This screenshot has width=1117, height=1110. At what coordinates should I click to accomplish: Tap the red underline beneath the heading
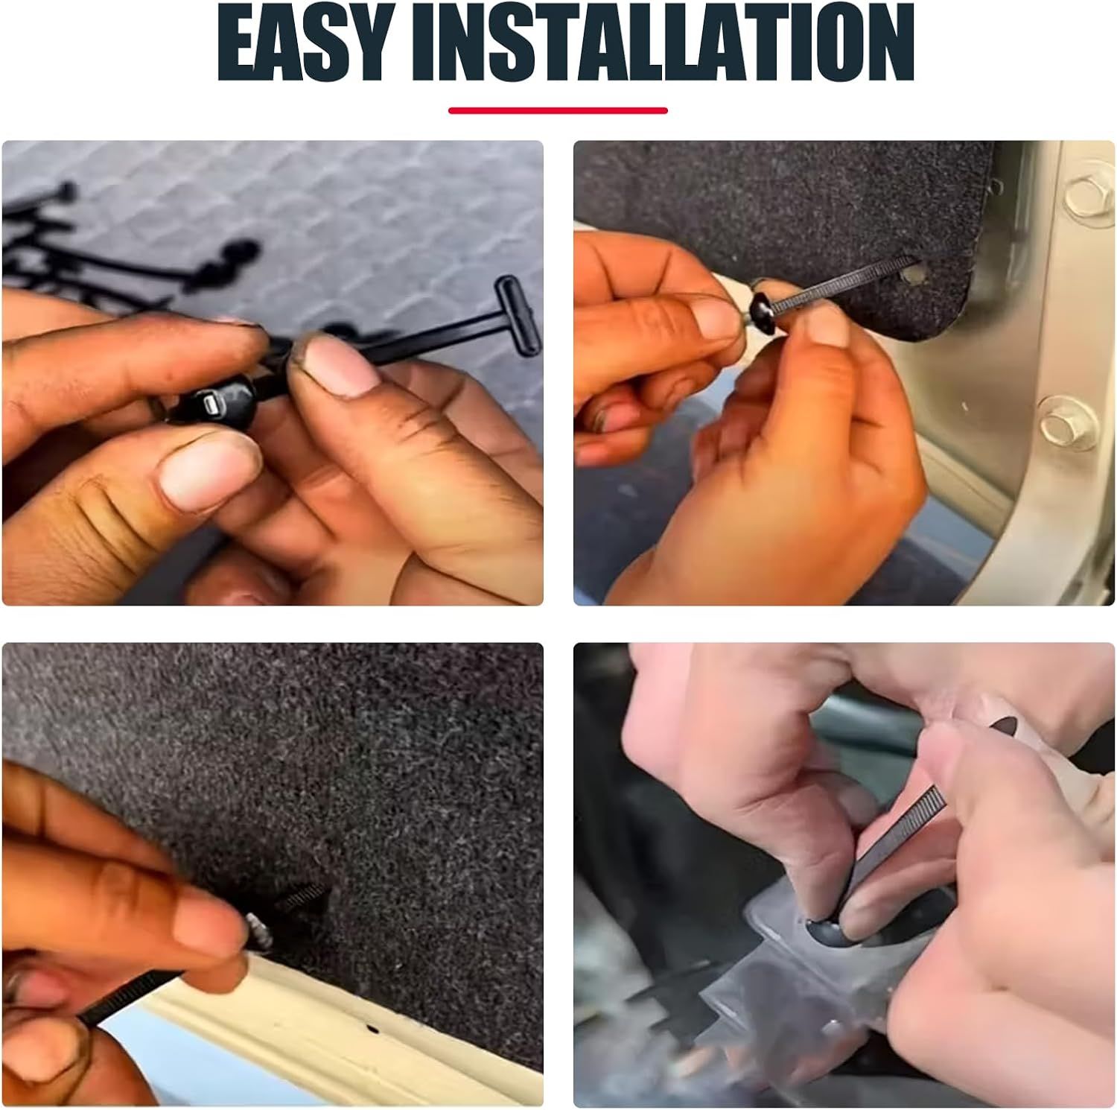pos(558,111)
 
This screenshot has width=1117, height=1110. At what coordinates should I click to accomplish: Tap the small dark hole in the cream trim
pos(374,1031)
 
